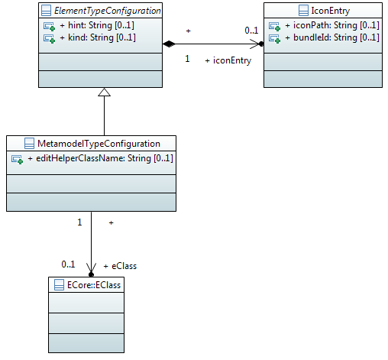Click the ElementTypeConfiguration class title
click(108, 11)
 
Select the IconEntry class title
click(331, 11)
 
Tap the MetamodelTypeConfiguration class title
click(99, 144)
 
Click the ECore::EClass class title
click(94, 285)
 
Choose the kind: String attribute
click(98, 37)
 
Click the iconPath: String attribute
click(332, 25)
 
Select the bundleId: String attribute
click(332, 37)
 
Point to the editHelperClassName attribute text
click(100, 158)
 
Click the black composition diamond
click(169, 44)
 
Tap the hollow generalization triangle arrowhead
click(104, 92)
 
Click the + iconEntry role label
click(228, 60)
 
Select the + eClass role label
click(120, 266)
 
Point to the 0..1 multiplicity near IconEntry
click(251, 31)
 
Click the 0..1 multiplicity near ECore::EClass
click(68, 264)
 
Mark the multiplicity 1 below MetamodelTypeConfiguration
click(79, 222)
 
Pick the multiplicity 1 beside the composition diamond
click(187, 59)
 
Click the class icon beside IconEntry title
click(303, 11)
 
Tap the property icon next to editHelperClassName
click(17, 159)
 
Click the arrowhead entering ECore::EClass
click(91, 270)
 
